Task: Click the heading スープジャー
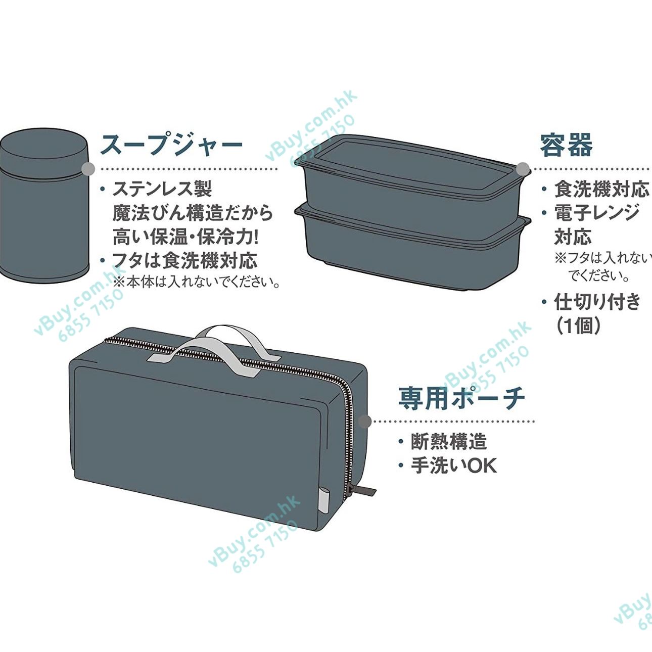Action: pos(171,145)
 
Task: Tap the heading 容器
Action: pos(566,145)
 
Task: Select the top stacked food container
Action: pos(413,182)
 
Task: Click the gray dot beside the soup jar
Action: pos(88,168)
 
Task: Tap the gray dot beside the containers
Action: pos(523,168)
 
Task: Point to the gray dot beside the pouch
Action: pos(365,422)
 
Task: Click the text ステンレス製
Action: pos(162,189)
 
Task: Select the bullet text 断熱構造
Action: pos(449,442)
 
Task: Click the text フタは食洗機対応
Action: pos(185,261)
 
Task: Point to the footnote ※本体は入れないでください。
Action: pos(196,282)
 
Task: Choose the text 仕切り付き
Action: pos(597,302)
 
